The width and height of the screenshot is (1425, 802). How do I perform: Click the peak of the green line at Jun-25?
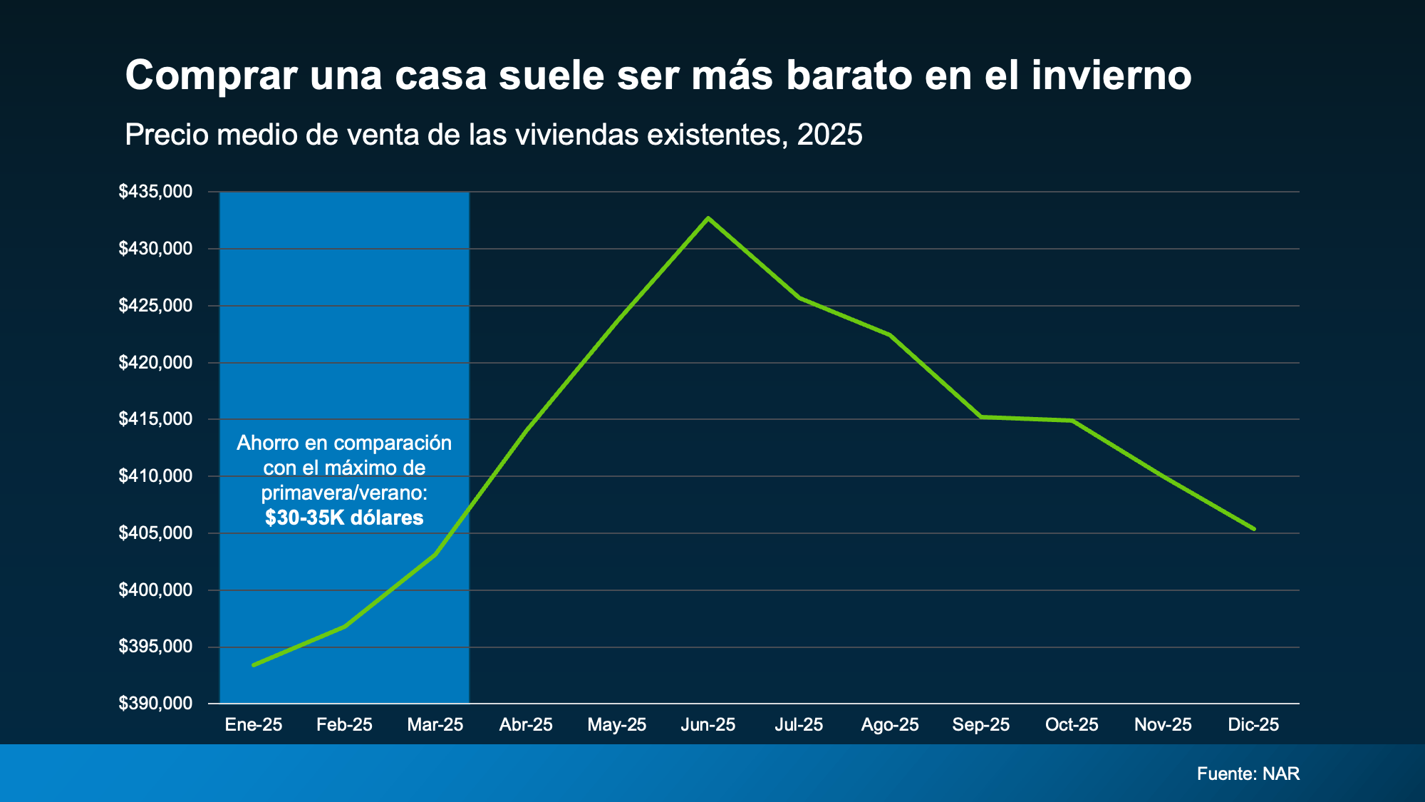tap(708, 218)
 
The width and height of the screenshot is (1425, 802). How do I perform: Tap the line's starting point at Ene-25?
tap(254, 665)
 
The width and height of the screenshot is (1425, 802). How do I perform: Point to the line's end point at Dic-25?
tap(1254, 529)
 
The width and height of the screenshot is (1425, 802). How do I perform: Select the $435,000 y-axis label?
tap(155, 191)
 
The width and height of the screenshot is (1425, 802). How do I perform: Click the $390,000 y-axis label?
tap(155, 704)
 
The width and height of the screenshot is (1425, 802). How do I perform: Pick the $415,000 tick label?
tap(155, 419)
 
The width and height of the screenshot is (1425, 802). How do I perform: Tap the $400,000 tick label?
tap(155, 590)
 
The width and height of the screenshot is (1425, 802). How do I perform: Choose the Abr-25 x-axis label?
tap(526, 725)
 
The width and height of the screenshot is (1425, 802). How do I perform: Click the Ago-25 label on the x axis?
tap(890, 725)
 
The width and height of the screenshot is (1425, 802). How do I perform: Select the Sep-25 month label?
tap(981, 725)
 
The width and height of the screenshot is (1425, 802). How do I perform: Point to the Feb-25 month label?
tap(344, 725)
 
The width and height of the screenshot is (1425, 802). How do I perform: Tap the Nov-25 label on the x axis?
tap(1163, 725)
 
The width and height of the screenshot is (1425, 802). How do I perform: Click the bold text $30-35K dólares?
tap(344, 518)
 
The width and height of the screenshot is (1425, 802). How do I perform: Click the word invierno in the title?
tap(1111, 75)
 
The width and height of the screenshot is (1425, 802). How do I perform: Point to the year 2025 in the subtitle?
tap(830, 135)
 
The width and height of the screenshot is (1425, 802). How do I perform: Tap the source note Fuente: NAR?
tap(1248, 773)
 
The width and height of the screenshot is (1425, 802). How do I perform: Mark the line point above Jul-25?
tap(799, 298)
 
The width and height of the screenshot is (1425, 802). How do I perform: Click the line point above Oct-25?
tap(1072, 421)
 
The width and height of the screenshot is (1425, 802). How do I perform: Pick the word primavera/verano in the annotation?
tap(344, 493)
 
